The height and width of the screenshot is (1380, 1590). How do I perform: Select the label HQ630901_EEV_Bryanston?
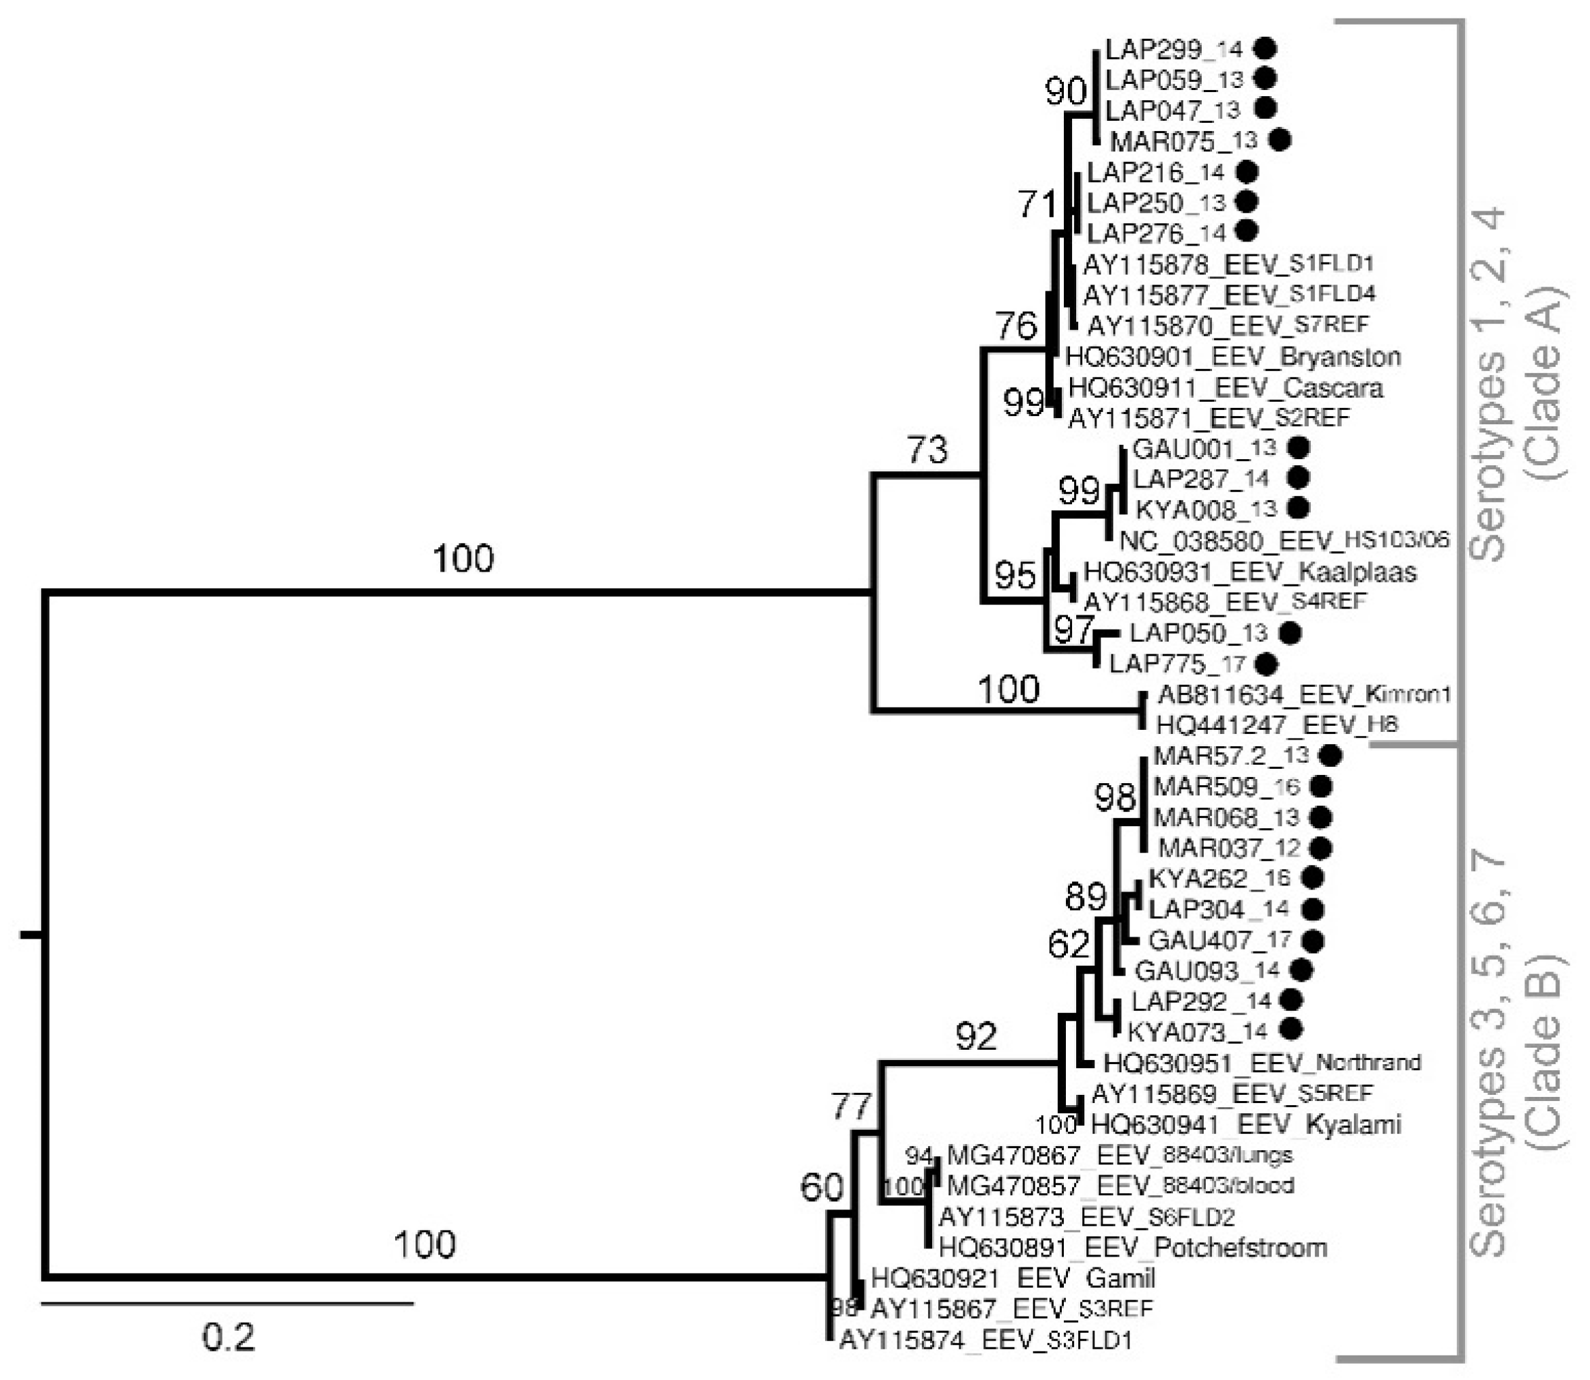(x=1232, y=357)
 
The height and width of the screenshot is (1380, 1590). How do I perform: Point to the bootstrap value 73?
(x=927, y=450)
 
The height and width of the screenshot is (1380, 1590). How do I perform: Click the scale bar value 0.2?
(x=228, y=1338)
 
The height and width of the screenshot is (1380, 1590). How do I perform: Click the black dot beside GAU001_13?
(x=1299, y=447)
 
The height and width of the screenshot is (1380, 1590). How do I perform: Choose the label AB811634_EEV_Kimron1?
(x=1304, y=694)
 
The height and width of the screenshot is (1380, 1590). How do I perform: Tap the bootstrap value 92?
(x=976, y=1037)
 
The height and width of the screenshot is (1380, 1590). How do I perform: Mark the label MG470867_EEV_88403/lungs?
(x=1119, y=1154)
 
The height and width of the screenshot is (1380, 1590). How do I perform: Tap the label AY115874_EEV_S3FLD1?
(x=985, y=1340)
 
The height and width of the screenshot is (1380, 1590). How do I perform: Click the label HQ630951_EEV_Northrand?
(x=1262, y=1063)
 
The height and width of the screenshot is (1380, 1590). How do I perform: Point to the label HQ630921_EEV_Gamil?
(x=1013, y=1278)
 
